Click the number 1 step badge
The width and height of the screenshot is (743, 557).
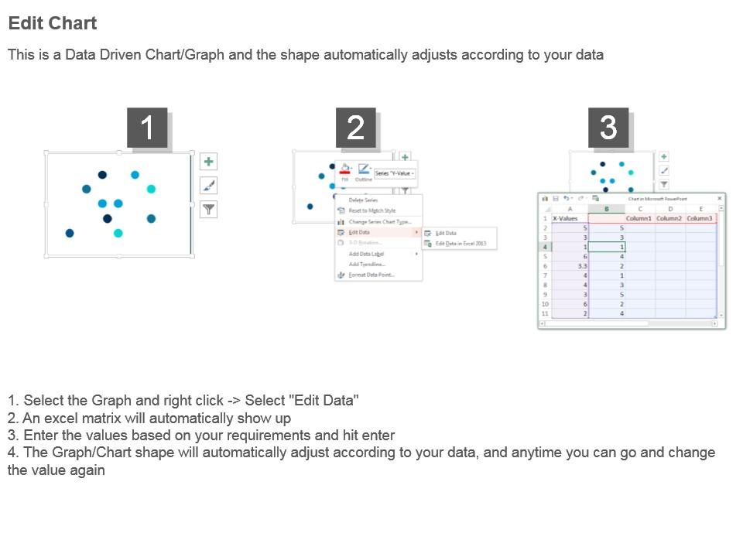(x=147, y=128)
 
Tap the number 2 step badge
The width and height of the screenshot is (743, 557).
(x=355, y=128)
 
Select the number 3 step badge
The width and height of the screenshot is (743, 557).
(x=608, y=128)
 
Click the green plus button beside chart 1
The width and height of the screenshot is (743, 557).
(x=208, y=162)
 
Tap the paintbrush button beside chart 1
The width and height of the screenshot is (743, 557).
(x=208, y=186)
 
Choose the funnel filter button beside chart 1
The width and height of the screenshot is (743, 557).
(x=208, y=210)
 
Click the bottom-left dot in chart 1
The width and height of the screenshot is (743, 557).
(x=70, y=233)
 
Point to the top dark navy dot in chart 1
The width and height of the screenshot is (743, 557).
(x=102, y=174)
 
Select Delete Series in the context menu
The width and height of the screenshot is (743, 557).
(x=363, y=200)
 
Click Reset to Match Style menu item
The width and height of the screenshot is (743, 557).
(x=371, y=210)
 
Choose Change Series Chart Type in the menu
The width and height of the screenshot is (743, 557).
(x=379, y=221)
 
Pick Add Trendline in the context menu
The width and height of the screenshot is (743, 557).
(x=367, y=264)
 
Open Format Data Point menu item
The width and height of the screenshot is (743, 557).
(x=371, y=275)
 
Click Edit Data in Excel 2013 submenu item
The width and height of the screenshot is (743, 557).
(x=461, y=244)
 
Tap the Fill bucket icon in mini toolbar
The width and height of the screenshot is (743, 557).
(x=345, y=169)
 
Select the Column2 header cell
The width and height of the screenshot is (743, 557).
(x=669, y=218)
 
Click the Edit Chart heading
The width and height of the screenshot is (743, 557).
(x=53, y=23)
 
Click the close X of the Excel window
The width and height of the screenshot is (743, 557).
(x=720, y=199)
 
